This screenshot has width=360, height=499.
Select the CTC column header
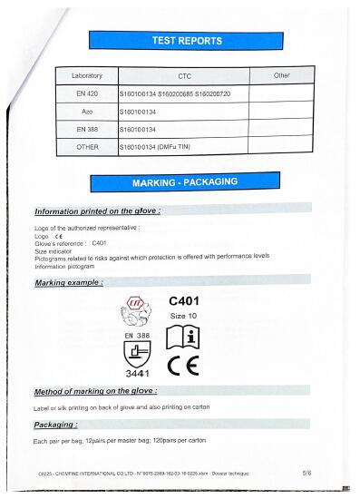pos(183,75)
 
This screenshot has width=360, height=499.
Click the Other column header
pos(282,75)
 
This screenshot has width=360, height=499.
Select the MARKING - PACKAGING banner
pos(185,182)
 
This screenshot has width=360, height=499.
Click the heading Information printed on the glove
pos(97,211)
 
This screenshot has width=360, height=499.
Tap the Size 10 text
pos(184,316)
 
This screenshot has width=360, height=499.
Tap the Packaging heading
pos(55,425)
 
